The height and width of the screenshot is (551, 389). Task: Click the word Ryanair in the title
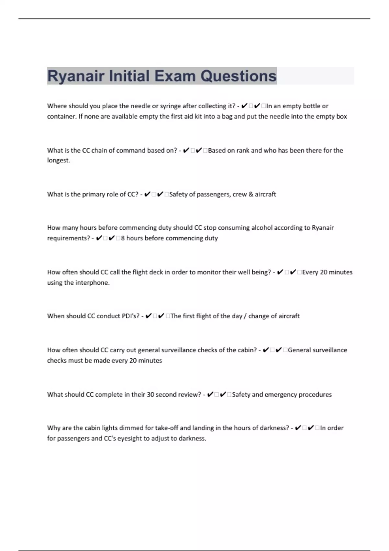(x=76, y=76)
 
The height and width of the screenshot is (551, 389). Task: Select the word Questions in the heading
(x=238, y=76)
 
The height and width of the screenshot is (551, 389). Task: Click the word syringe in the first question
(x=170, y=106)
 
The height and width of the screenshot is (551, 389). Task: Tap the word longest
(x=58, y=160)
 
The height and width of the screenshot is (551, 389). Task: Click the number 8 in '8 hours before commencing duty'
(x=123, y=238)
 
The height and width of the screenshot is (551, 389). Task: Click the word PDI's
(x=131, y=316)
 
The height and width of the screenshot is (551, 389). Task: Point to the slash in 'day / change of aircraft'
(x=245, y=316)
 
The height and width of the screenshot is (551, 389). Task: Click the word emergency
(x=281, y=395)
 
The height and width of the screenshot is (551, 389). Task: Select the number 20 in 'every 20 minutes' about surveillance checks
(x=133, y=361)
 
